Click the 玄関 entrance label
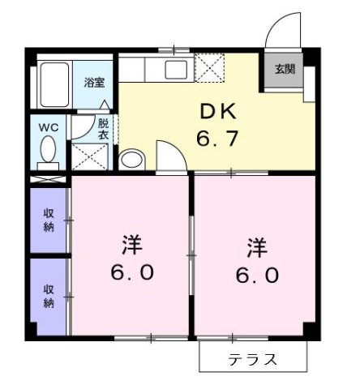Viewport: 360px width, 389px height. point(285,70)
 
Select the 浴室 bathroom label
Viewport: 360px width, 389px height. point(95,82)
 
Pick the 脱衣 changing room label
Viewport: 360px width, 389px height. point(103,130)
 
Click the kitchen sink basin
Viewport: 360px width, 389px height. point(176,69)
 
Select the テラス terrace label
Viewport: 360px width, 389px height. point(253,359)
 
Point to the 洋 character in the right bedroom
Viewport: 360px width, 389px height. point(257,245)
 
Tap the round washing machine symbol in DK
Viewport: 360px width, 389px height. point(131,158)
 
